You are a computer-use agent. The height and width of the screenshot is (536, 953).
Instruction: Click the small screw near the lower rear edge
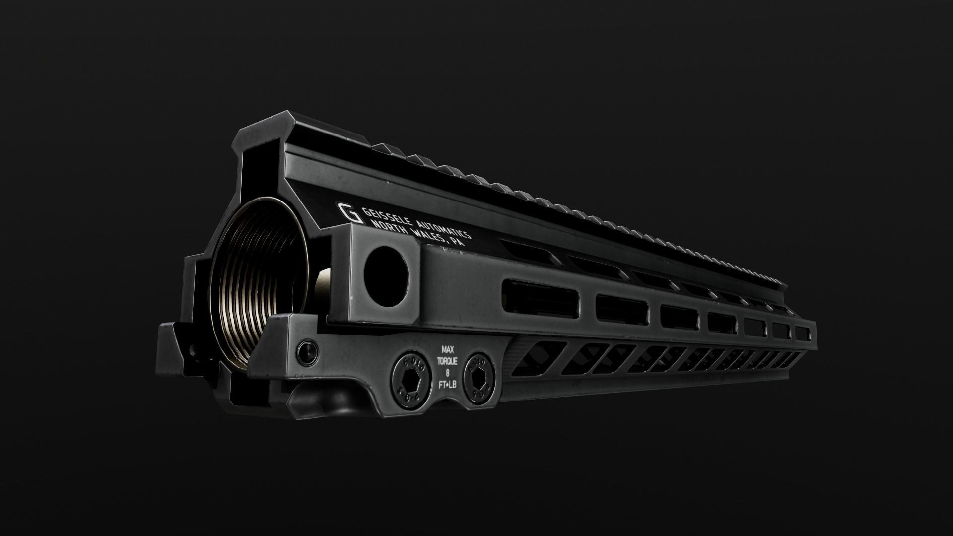(x=307, y=351)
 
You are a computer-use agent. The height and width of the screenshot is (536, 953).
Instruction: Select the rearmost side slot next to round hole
(x=540, y=297)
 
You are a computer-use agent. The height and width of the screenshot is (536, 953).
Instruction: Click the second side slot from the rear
(x=622, y=310)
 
